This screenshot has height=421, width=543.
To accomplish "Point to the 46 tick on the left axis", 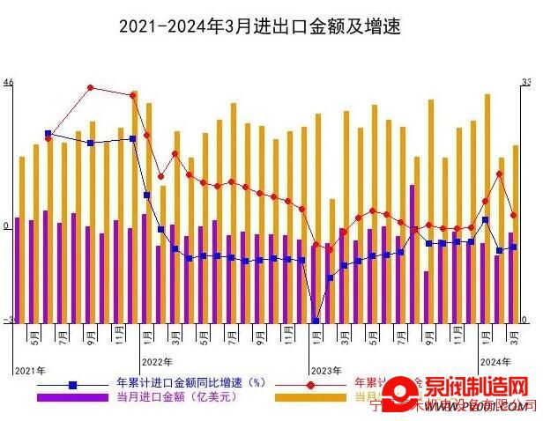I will [8, 83].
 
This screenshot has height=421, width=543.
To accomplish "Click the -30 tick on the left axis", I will [8, 321].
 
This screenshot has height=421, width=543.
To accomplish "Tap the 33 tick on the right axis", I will [526, 83].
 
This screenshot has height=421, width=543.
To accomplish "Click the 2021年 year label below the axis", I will [29, 372].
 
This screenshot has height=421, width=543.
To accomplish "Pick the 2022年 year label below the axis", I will [157, 361].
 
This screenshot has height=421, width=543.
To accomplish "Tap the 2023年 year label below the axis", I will [326, 372].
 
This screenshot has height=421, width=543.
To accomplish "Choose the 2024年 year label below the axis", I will [494, 361].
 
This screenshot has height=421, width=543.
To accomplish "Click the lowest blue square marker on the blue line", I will [316, 321].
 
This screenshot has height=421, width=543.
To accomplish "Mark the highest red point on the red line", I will [91, 87].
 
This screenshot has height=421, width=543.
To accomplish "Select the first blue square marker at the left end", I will [48, 134].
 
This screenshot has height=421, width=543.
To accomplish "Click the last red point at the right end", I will [513, 215].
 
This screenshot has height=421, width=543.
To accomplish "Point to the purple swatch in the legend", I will [72, 398].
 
